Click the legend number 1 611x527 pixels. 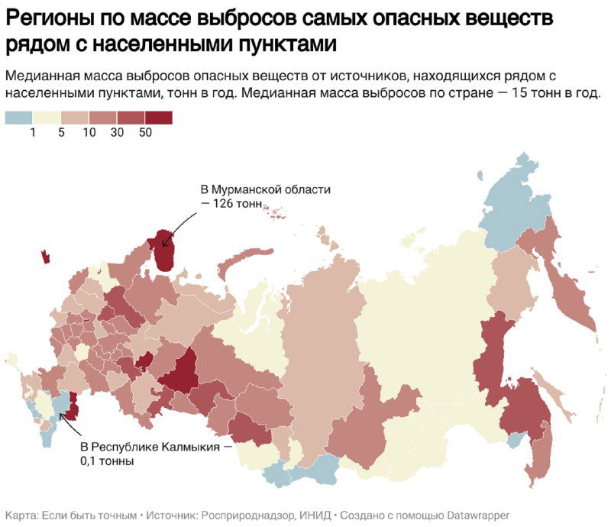click(33, 133)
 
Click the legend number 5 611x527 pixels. click(61, 133)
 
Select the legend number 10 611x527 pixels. click(89, 133)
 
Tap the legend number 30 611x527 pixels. click(118, 133)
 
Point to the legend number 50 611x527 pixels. click(146, 133)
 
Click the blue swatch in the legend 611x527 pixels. click(19, 117)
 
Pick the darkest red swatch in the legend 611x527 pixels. click(159, 117)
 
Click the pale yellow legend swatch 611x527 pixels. click(47, 117)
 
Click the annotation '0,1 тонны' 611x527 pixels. click(107, 461)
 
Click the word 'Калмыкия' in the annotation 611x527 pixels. click(190, 446)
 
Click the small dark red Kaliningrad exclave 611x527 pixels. click(45, 256)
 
